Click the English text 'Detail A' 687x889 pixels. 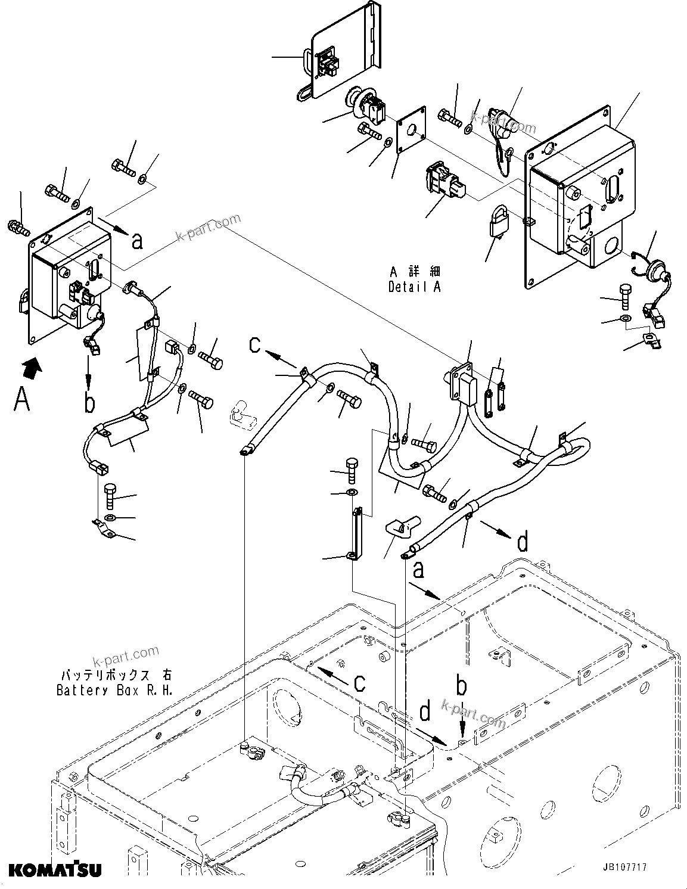tap(415, 287)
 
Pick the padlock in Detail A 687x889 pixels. tap(496, 223)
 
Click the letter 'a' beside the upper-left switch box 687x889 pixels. tap(137, 241)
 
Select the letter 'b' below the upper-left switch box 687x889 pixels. tap(89, 403)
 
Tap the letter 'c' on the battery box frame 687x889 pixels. tap(359, 682)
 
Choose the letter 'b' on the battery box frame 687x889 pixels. tap(461, 686)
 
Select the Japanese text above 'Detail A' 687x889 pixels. tap(415, 272)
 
